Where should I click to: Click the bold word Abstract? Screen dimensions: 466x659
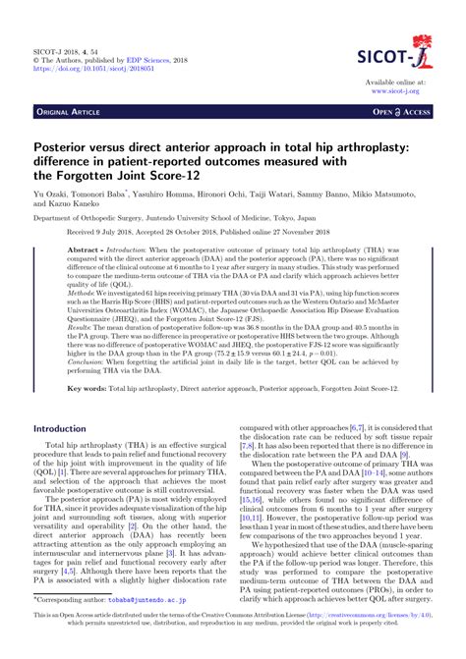[85, 252]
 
